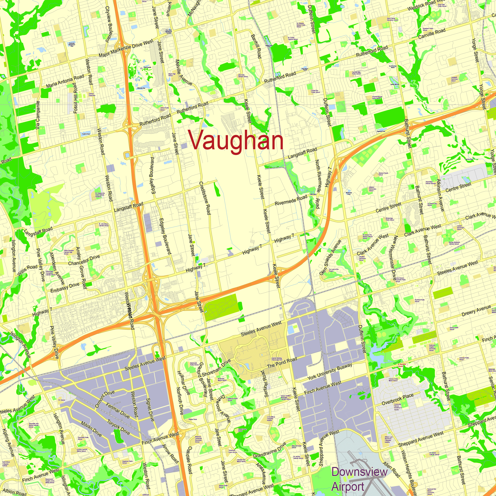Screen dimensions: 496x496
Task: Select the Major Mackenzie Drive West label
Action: [126, 48]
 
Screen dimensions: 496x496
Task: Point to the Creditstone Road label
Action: [205, 198]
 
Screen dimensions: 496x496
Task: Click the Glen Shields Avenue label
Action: [330, 257]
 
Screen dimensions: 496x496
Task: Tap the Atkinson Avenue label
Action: [440, 195]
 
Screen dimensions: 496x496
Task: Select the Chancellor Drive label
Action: [84, 260]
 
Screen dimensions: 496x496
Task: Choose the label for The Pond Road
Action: [282, 362]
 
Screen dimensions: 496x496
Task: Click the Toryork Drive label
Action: [118, 427]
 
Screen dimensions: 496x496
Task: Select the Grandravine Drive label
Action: [270, 450]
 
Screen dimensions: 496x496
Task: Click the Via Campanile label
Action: [38, 115]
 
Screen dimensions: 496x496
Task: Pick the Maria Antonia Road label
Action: [65, 81]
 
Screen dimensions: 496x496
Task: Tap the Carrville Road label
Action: [432, 34]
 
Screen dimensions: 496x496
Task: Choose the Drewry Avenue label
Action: [476, 311]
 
